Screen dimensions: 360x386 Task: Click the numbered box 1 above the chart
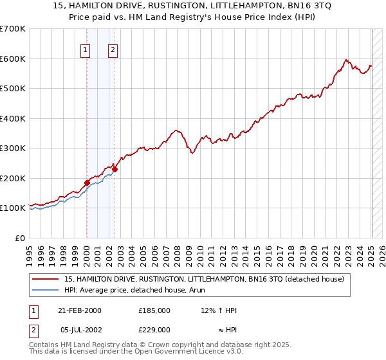pos(86,50)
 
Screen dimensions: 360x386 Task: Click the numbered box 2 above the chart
pos(113,50)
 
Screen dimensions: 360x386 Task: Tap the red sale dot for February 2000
pos(87,183)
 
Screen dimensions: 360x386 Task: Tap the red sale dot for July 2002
pos(115,170)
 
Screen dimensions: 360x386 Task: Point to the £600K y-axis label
pos(13,59)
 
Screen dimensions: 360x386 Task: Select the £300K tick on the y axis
pos(13,148)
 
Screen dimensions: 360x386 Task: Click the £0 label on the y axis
pos(20,238)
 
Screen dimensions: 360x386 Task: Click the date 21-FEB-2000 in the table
pos(80,310)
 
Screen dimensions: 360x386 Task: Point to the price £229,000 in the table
pos(154,328)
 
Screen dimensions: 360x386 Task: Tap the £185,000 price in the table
pos(154,310)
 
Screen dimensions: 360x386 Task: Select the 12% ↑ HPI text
pos(219,310)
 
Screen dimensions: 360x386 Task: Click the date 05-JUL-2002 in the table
pos(80,328)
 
